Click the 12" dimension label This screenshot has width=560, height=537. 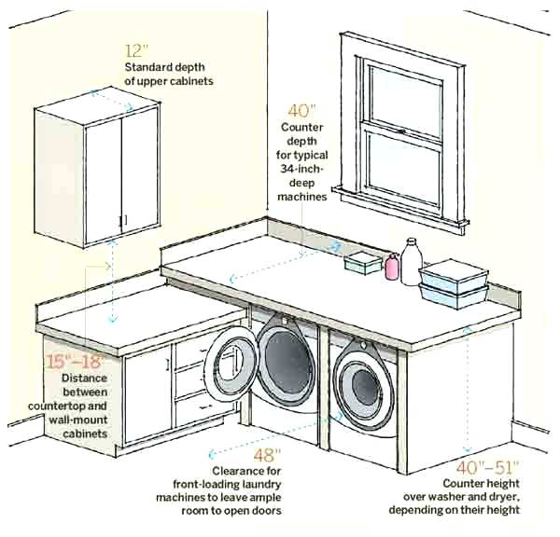137,49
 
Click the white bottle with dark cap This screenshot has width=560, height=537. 412,260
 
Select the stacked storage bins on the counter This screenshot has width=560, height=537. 455,282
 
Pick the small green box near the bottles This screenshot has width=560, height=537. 360,264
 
